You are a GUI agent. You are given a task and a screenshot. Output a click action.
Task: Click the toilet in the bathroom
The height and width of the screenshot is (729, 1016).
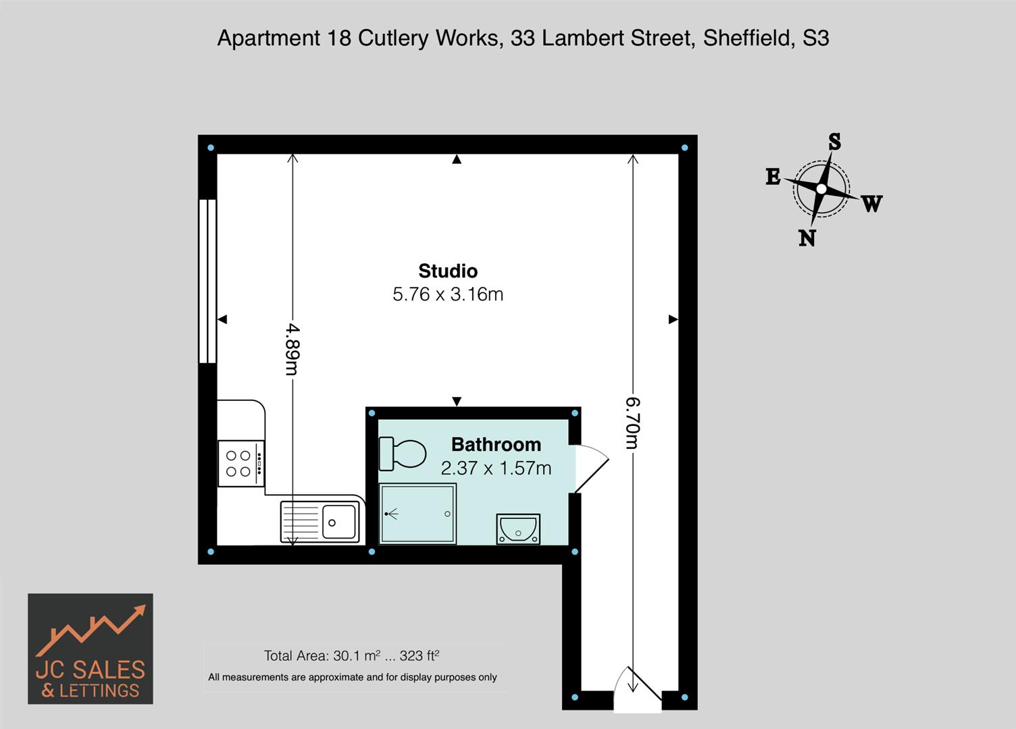tap(403, 453)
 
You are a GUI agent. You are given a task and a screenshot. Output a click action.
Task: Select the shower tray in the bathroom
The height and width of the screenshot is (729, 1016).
tap(417, 514)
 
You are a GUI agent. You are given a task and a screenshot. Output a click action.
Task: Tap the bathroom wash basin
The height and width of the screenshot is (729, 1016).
tap(518, 529)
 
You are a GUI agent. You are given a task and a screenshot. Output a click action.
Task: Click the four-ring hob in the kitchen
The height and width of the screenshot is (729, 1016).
tap(241, 464)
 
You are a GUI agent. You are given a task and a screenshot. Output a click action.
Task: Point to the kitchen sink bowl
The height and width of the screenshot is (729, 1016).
tap(339, 522)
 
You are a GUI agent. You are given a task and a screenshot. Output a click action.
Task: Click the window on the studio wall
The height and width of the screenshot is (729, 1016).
tap(207, 281)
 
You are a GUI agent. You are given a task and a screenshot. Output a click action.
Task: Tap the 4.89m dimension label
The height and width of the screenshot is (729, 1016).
tap(293, 350)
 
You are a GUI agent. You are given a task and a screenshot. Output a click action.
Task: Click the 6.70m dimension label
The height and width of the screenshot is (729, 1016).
tap(633, 423)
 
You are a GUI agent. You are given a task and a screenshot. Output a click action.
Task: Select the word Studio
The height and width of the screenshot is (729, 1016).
tap(448, 271)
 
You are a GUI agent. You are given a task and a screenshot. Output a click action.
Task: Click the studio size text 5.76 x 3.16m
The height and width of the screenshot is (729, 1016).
tap(448, 294)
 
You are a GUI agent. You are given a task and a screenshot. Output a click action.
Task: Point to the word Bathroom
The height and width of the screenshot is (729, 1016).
tap(496, 444)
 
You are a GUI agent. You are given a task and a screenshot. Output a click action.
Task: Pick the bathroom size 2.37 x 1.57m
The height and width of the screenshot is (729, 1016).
tap(496, 468)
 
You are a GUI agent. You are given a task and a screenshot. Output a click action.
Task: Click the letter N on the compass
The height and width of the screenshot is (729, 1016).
tap(807, 238)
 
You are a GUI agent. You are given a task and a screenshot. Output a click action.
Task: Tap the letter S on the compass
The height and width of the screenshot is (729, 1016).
tap(834, 142)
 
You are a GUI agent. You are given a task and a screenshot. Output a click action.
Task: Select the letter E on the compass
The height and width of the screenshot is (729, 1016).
tap(773, 176)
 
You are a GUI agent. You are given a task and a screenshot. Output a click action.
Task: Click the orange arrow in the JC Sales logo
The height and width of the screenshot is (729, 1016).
tap(91, 630)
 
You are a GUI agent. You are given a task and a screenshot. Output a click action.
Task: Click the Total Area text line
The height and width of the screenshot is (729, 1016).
tap(351, 655)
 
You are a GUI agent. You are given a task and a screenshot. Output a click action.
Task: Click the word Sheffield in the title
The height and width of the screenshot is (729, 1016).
tap(749, 38)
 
